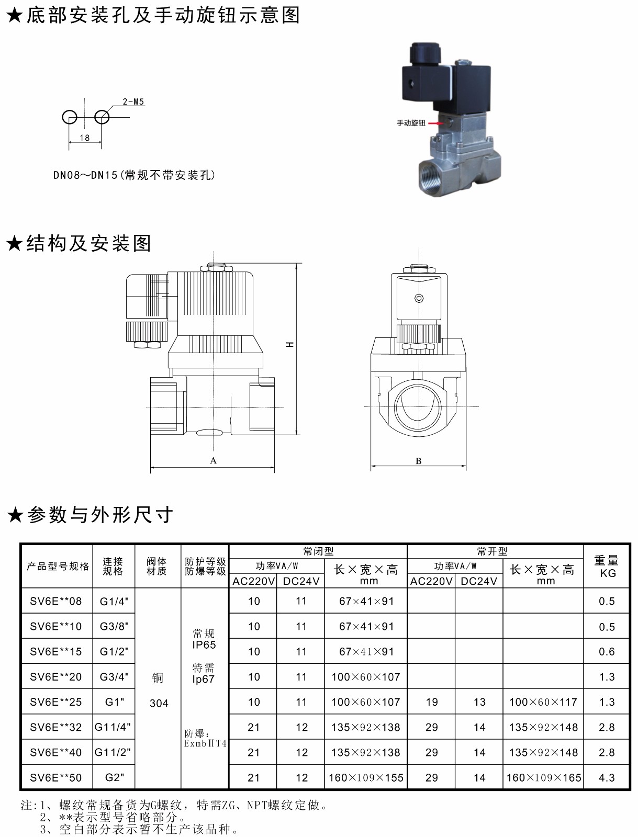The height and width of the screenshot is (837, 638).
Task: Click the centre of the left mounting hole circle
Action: pos(70,117)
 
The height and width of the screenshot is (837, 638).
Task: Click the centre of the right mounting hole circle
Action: pos(102,117)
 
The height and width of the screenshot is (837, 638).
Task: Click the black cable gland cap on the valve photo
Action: pos(425,53)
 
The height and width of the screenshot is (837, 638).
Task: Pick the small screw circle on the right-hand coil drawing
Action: pos(419,298)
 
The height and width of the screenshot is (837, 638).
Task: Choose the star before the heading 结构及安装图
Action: pos(15,243)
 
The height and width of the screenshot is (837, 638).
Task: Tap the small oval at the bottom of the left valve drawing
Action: pos(209,433)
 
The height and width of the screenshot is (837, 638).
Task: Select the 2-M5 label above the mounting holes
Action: pos(133,101)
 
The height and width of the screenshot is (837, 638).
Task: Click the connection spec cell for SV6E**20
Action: pos(114,676)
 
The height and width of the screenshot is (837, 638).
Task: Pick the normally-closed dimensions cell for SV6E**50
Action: pos(366,777)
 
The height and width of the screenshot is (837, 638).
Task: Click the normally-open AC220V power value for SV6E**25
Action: pos(431,702)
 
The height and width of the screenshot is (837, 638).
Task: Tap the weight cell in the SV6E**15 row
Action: pos(606,651)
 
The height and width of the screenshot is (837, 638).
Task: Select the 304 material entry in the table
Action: pos(159,703)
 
